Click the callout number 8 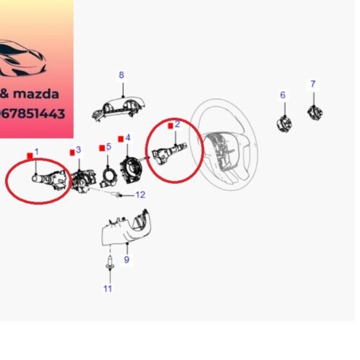pos(121,75)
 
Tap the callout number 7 pos(313,85)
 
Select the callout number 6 pos(283,95)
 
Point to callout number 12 pos(140,194)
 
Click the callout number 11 pos(108,289)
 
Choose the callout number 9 pos(127,260)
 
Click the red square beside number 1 pos(29,155)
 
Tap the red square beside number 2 pos(171,127)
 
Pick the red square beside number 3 pos(72,152)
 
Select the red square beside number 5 pos(101,148)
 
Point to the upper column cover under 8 pos(120,106)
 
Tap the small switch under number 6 pos(283,121)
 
